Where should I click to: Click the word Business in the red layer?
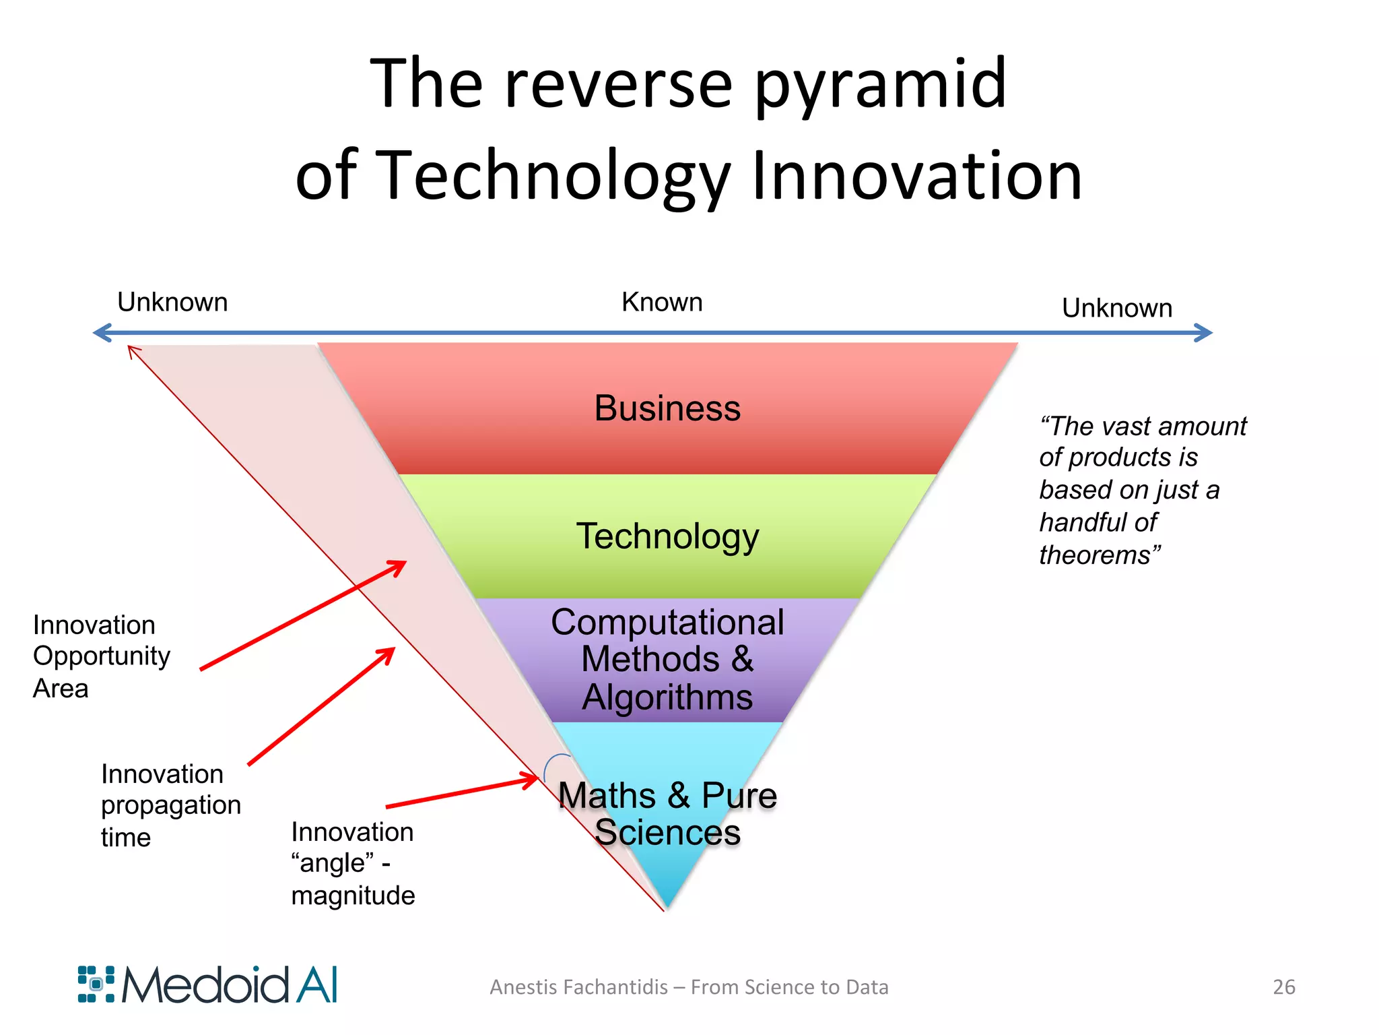click(x=667, y=408)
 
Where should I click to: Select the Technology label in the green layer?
click(x=667, y=537)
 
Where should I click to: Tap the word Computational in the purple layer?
click(x=667, y=622)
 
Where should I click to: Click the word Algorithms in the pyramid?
click(x=667, y=697)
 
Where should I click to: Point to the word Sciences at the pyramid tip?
click(x=667, y=833)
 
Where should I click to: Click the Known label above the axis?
click(x=662, y=302)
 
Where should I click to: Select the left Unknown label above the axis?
click(x=172, y=302)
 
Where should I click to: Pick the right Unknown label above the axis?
click(x=1117, y=308)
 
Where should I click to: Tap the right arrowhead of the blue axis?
click(x=1204, y=332)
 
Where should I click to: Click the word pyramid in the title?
click(x=880, y=86)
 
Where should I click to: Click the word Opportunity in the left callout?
click(x=102, y=657)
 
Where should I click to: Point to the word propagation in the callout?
click(x=171, y=806)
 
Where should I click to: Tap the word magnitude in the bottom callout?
click(x=353, y=896)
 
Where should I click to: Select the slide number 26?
click(x=1283, y=986)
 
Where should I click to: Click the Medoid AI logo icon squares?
click(x=96, y=984)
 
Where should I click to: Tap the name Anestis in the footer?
click(x=523, y=987)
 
